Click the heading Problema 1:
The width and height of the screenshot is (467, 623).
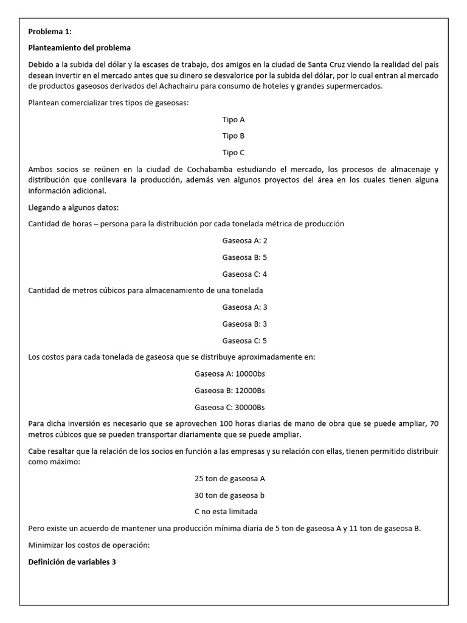click(x=50, y=32)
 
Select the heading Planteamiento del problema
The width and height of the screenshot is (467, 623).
click(x=80, y=47)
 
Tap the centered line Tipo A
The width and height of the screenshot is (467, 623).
click(x=233, y=120)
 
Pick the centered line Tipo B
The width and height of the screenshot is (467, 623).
click(x=233, y=136)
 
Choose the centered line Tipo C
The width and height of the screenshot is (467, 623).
click(x=233, y=153)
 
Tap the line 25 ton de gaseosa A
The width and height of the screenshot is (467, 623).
click(x=230, y=478)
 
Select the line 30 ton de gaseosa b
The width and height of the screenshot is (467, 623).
click(x=230, y=495)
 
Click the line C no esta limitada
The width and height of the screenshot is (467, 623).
click(x=230, y=512)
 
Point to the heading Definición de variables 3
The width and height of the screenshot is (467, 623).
click(x=72, y=562)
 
